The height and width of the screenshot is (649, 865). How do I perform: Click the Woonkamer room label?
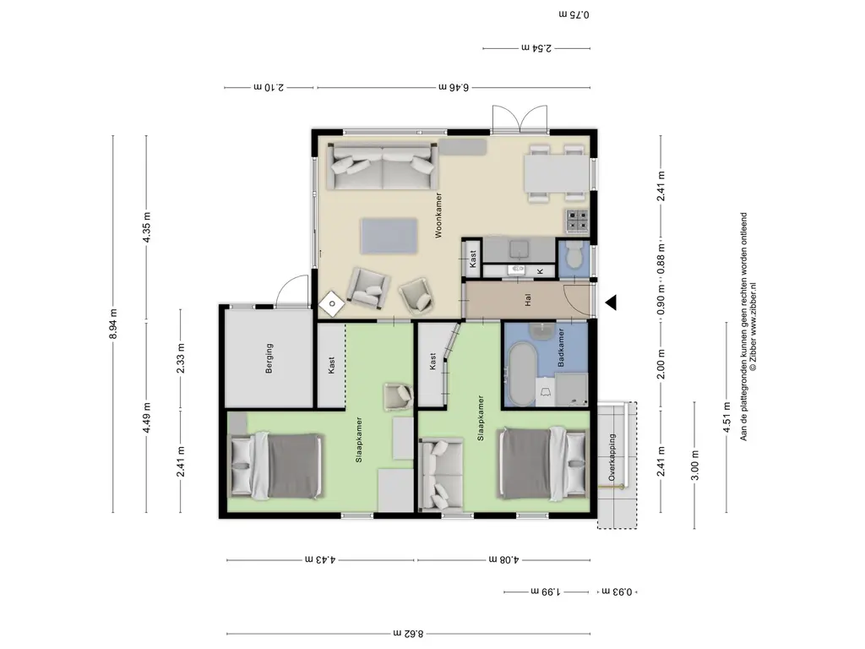point(438,215)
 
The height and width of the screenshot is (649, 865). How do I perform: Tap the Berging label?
point(269,358)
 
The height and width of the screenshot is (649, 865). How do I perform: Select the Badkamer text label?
point(561,347)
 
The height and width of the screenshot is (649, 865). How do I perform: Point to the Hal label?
point(528,301)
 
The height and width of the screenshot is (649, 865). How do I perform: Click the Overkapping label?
point(612,457)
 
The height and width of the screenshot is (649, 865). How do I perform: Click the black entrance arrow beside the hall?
point(611,303)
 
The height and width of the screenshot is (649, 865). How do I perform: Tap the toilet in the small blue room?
point(574,255)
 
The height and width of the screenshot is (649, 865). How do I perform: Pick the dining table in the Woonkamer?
point(557,173)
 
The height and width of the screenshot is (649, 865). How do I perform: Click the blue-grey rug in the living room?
point(389,237)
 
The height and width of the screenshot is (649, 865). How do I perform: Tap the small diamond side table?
point(332,303)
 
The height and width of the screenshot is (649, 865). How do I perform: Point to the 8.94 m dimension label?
point(114,324)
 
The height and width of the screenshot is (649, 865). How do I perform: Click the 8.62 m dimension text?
point(408,634)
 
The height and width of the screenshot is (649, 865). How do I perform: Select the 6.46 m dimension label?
point(454,87)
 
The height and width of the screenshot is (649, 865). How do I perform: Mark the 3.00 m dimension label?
point(695,466)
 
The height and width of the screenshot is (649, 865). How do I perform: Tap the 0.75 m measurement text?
point(574,14)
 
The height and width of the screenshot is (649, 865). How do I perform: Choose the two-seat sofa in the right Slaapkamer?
point(441,473)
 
